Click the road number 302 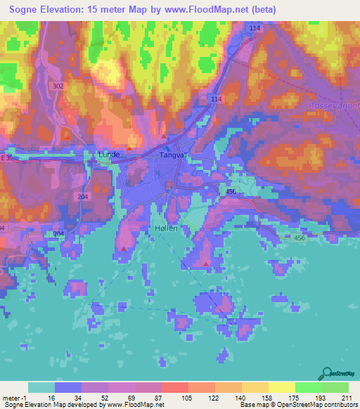click(58, 84)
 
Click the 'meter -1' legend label click(15, 398)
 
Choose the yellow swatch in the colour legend click(281, 387)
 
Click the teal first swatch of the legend click(41, 387)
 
